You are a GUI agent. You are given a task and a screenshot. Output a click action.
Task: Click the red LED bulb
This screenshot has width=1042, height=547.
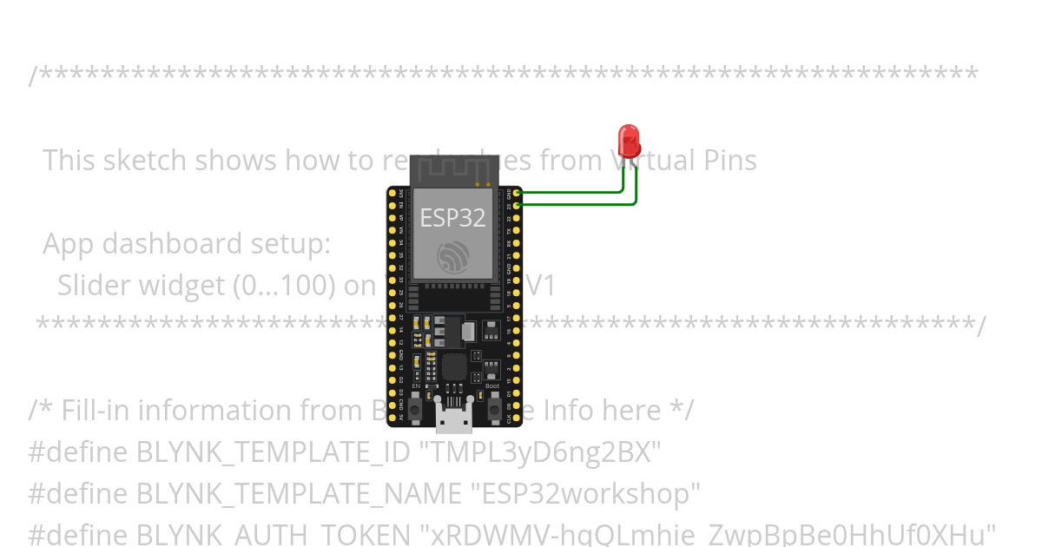point(629,142)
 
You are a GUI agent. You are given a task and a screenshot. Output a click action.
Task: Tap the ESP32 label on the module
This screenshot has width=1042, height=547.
point(452,217)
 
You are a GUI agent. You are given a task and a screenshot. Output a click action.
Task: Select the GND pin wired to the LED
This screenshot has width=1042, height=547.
point(518,193)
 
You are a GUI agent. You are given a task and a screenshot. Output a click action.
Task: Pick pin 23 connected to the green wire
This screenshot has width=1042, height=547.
point(518,205)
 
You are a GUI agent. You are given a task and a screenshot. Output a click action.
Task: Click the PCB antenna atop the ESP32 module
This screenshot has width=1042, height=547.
point(452,170)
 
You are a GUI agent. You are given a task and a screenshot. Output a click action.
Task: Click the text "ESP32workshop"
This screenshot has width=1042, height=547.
point(585,494)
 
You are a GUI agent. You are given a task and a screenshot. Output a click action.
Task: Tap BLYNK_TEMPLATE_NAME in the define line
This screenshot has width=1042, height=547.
point(299,494)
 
